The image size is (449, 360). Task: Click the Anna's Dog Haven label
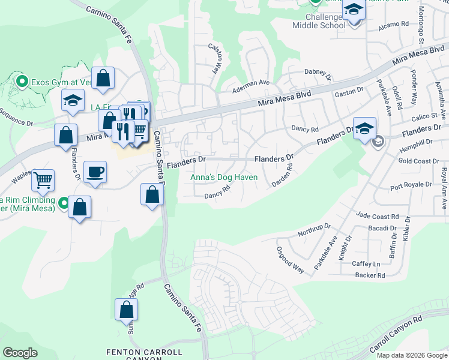(223, 177)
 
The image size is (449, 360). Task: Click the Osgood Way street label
(290, 259)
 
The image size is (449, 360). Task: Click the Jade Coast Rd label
(378, 215)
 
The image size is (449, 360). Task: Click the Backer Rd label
(370, 275)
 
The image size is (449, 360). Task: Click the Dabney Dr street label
(318, 74)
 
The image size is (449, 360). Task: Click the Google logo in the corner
(20, 353)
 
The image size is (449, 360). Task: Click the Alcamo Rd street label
(393, 26)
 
